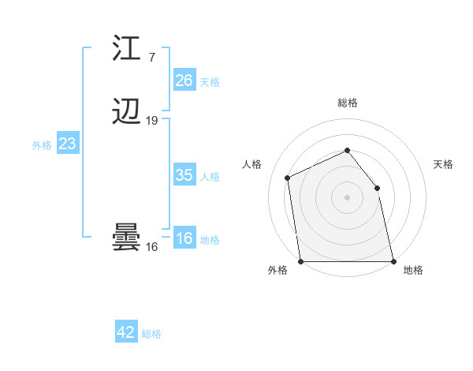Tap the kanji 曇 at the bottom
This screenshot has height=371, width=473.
(x=126, y=238)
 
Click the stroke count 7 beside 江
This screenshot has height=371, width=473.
(x=151, y=58)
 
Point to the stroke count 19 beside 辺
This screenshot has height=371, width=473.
(x=152, y=121)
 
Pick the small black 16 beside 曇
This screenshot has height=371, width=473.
(x=152, y=247)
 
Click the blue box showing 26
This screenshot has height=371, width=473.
(x=184, y=81)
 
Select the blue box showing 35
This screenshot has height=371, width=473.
(x=184, y=175)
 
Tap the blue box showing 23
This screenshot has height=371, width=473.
(x=68, y=144)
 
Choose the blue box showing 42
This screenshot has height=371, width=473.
(x=126, y=332)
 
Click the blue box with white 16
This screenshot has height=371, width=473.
(x=184, y=239)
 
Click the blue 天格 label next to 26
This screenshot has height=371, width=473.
(x=210, y=81)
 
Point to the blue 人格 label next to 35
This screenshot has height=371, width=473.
(x=210, y=176)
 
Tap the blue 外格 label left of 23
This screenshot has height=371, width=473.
(x=42, y=144)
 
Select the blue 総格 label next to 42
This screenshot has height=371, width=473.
(x=151, y=333)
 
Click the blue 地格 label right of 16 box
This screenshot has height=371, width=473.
(x=210, y=240)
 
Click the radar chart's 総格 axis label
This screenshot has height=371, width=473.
(x=348, y=103)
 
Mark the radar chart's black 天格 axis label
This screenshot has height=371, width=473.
(x=444, y=164)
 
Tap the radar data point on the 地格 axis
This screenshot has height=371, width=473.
(x=393, y=261)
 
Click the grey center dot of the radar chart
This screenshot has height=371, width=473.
(x=347, y=197)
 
